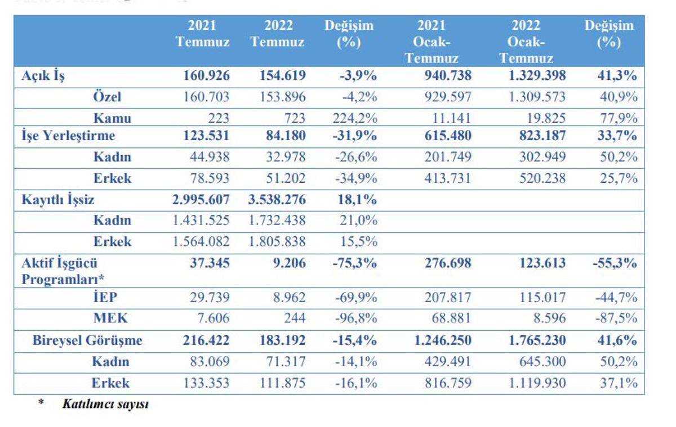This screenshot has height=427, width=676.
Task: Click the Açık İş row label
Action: tap(43, 75)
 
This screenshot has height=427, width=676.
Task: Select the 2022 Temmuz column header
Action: tap(278, 33)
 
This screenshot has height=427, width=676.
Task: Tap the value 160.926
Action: tap(206, 75)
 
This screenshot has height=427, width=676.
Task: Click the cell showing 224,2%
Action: tap(355, 118)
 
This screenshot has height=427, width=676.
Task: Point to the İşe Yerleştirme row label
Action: tap(68, 136)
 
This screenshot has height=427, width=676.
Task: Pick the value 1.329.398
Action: tap(537, 75)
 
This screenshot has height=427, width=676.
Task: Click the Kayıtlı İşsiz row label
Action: tap(58, 200)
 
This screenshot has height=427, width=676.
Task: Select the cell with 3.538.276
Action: tap(277, 200)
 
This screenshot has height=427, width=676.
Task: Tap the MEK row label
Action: tap(110, 318)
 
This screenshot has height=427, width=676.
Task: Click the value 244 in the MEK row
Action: tap(295, 318)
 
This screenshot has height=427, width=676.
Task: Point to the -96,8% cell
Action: tap(356, 318)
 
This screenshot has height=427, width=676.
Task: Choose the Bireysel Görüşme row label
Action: tap(87, 340)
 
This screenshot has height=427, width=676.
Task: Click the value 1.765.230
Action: tap(537, 340)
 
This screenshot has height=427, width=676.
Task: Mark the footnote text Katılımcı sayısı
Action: tap(106, 404)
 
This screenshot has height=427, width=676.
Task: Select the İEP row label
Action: tap(105, 297)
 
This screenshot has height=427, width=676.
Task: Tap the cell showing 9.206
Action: tap(290, 263)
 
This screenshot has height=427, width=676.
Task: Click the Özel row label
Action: tap(107, 96)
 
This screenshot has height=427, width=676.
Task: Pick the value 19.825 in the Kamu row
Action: tap(546, 118)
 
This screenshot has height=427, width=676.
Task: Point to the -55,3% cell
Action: tap(615, 263)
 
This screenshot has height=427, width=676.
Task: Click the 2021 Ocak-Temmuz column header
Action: tap(432, 42)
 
